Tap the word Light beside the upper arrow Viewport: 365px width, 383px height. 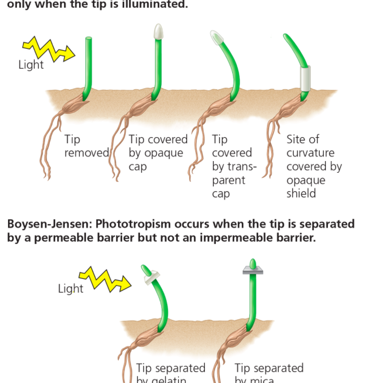[31, 65]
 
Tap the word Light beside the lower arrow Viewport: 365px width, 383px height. [70, 289]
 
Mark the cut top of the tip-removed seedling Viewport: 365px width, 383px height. [89, 39]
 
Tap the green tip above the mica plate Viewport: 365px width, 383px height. [252, 264]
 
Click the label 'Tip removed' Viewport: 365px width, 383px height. [86, 146]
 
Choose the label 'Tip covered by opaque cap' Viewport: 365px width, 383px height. [158, 152]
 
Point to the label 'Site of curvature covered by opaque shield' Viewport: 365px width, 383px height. [314, 166]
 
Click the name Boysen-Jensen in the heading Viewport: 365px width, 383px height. [48, 224]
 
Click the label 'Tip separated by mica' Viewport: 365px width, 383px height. [269, 373]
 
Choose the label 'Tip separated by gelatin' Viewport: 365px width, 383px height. [170, 373]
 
